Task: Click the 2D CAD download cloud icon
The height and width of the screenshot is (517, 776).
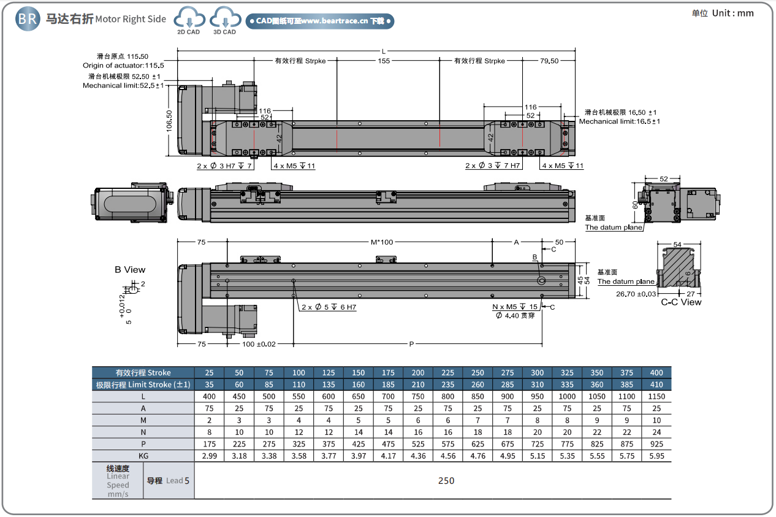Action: pos(189,17)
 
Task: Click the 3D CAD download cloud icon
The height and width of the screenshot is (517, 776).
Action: pos(225,17)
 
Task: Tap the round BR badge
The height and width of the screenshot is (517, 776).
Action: pos(28,19)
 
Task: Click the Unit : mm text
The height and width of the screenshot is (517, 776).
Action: pos(732,13)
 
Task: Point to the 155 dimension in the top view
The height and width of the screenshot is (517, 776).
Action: pos(384,61)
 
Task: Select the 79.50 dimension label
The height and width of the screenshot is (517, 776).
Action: pos(549,61)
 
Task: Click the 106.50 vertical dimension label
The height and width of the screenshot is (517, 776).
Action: pos(169,121)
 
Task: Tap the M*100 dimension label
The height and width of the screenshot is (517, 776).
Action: pos(382,242)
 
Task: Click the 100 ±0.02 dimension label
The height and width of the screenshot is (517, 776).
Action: pos(259,344)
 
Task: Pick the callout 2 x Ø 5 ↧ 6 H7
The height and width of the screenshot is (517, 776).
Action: pos(329,307)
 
